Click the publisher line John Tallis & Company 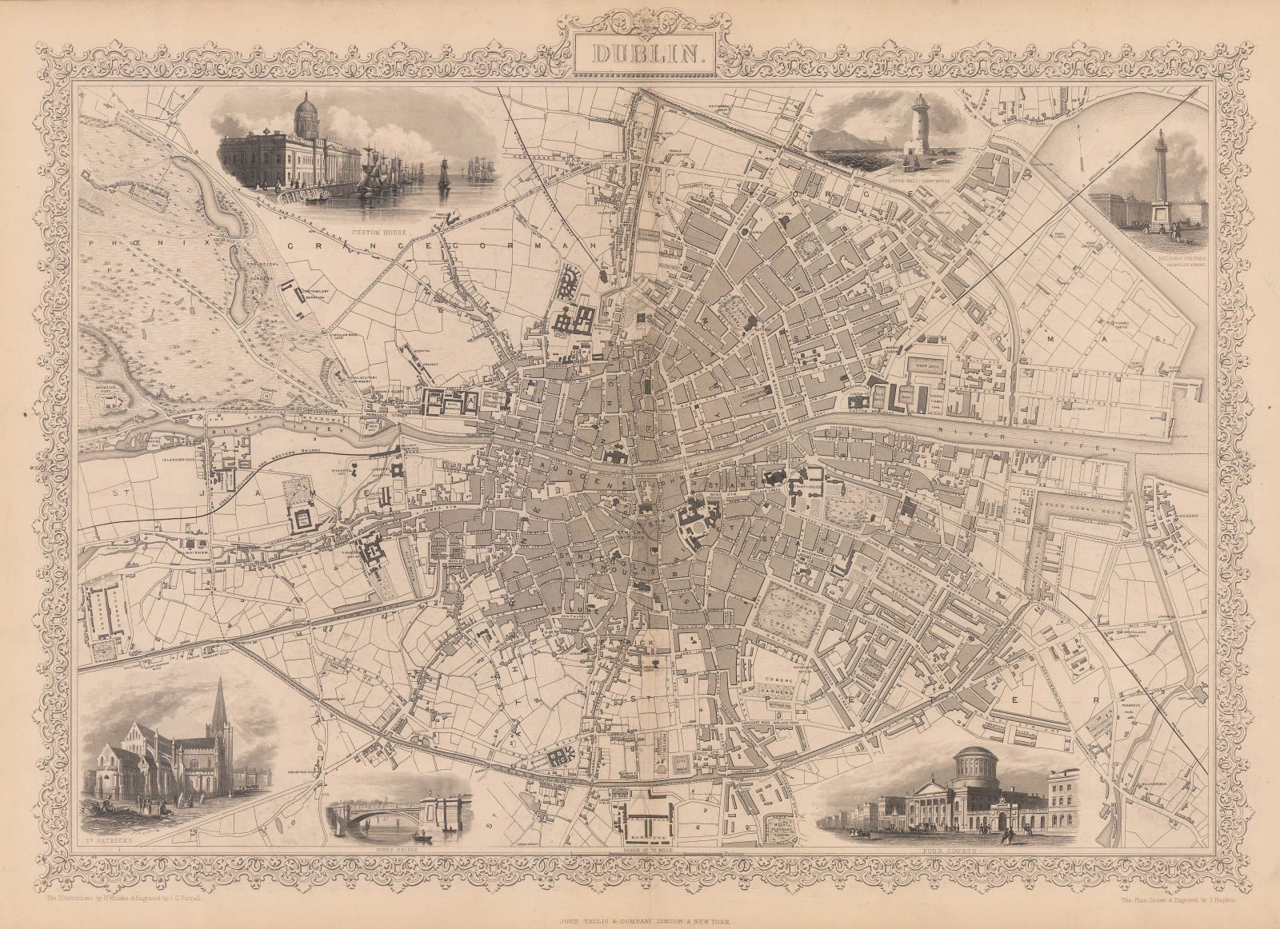click(x=640, y=900)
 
